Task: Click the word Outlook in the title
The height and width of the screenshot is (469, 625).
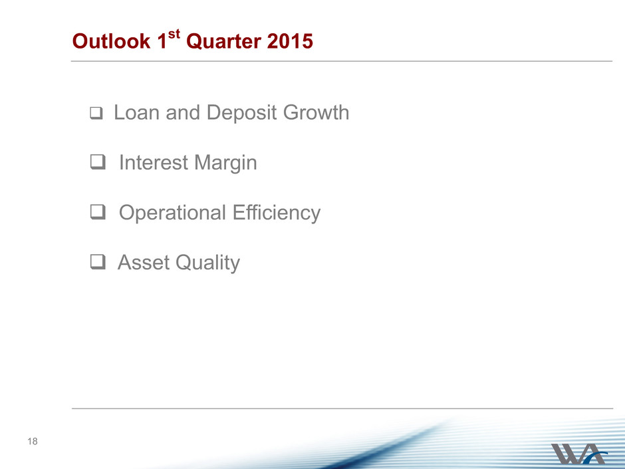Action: tap(111, 41)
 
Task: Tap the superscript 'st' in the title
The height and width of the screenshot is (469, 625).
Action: tap(174, 34)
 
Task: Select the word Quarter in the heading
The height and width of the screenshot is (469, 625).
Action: tap(223, 41)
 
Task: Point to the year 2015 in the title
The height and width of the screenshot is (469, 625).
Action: tap(290, 41)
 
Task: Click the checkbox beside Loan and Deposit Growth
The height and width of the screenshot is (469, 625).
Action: tap(96, 113)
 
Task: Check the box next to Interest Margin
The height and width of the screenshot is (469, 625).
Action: tap(98, 162)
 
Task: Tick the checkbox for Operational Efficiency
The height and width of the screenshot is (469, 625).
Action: tap(98, 212)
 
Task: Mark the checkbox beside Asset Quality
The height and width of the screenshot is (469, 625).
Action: tap(98, 262)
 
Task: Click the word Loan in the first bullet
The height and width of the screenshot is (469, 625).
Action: tap(137, 112)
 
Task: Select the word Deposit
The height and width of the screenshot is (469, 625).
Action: tap(242, 113)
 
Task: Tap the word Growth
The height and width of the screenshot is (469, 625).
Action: tap(316, 112)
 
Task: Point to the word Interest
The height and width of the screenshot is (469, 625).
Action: tap(154, 163)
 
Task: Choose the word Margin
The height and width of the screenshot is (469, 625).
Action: tap(225, 164)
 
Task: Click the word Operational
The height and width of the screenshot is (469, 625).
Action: tap(173, 214)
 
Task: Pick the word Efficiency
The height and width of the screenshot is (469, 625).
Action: tap(277, 214)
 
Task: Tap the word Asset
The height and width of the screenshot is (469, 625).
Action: tap(144, 263)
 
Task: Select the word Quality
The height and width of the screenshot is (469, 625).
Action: tap(207, 263)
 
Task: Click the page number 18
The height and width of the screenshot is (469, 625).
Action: tap(33, 441)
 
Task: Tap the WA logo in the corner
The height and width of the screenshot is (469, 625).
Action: tap(578, 453)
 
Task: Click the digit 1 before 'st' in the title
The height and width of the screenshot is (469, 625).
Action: tap(162, 41)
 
